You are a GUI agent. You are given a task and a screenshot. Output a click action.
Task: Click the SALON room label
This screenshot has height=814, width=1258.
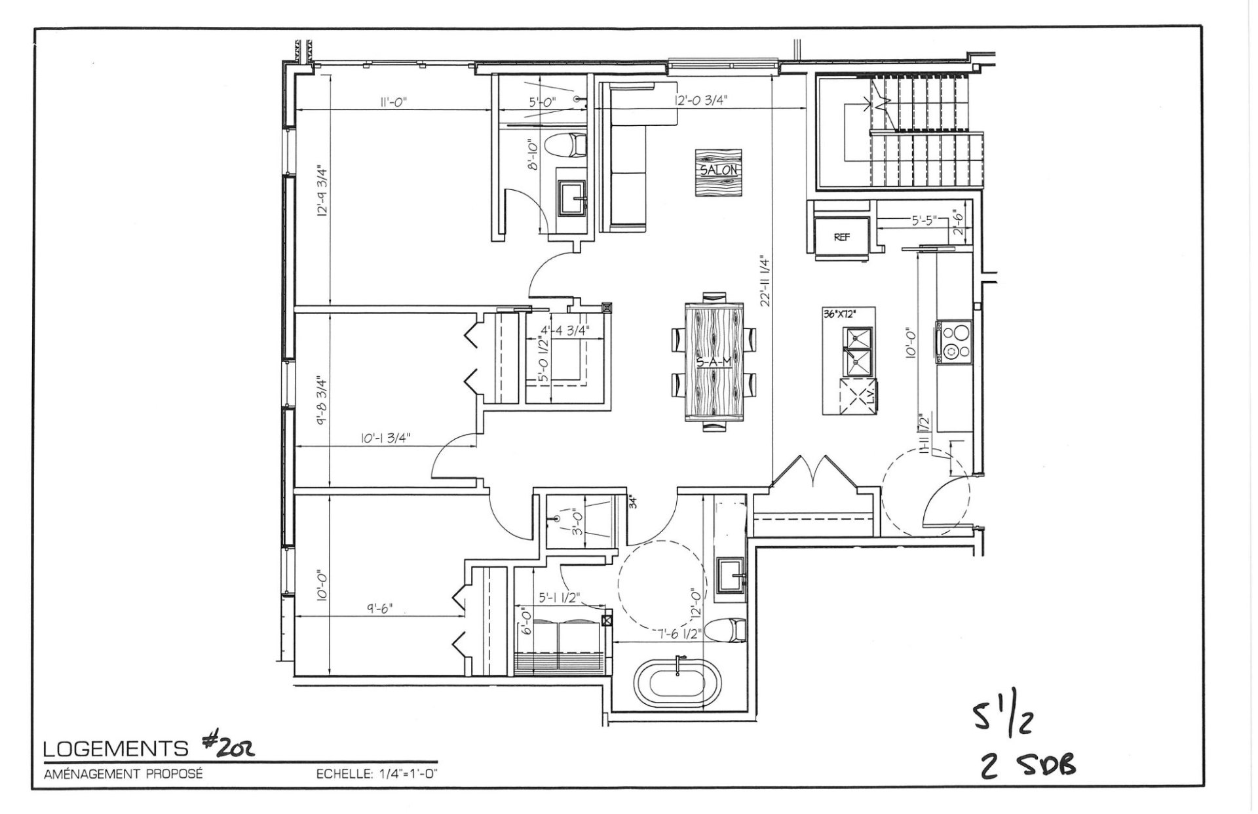pyautogui.click(x=719, y=170)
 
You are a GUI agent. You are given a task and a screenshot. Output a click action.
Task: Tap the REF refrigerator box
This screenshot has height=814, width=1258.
pyautogui.click(x=842, y=237)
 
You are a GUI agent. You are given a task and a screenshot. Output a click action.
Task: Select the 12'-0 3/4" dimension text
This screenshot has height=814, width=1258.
pyautogui.click(x=701, y=100)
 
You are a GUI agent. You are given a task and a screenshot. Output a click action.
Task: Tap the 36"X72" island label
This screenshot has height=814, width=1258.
pyautogui.click(x=839, y=314)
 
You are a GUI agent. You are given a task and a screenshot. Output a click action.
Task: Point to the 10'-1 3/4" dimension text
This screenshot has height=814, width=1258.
pyautogui.click(x=386, y=438)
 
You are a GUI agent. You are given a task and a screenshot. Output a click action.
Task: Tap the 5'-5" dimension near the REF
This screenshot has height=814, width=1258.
pyautogui.click(x=924, y=221)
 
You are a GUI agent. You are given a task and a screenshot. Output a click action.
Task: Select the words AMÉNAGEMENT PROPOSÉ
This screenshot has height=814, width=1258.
pyautogui.click(x=123, y=774)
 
